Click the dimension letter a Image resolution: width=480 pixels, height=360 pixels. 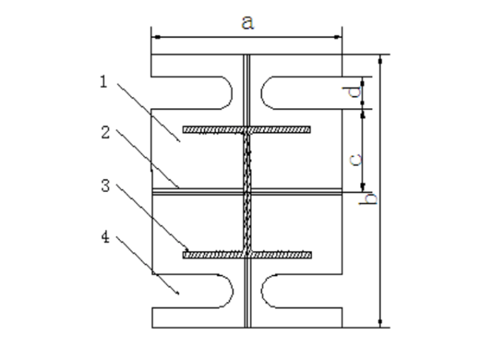[248, 23]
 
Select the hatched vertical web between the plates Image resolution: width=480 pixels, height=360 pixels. [248, 189]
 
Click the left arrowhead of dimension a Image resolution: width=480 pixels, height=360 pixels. [155, 37]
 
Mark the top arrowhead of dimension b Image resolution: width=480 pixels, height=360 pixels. [380, 59]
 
